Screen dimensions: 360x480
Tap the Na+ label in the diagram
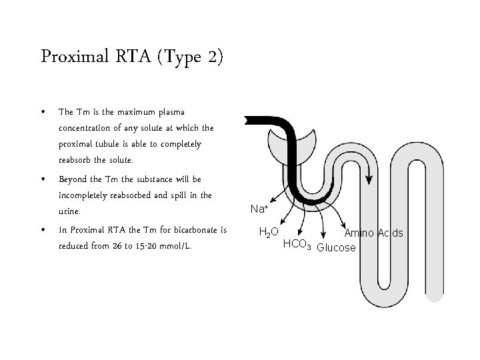[x=259, y=209]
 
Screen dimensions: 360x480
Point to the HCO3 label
[x=297, y=244]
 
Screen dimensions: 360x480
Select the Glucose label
[x=337, y=248]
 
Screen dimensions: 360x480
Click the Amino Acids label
[x=373, y=233]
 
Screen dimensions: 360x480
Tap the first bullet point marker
[x=43, y=112]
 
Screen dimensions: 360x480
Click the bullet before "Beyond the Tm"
[x=43, y=180]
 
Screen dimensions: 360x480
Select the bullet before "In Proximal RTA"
[x=43, y=231]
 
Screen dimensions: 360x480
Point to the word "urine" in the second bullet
[x=69, y=212]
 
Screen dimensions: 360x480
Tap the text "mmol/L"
[x=177, y=247]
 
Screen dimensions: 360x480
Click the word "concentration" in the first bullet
[x=86, y=128]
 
